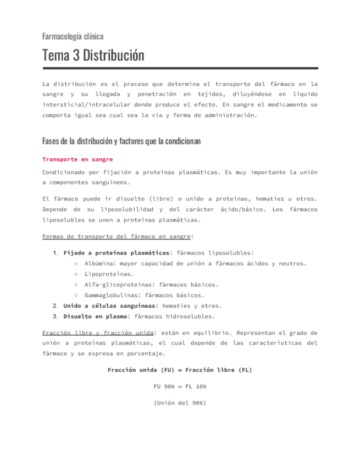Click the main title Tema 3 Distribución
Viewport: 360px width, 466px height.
(x=93, y=56)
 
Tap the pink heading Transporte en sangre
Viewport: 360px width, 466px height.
(x=77, y=159)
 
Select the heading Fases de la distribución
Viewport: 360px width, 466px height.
(x=121, y=141)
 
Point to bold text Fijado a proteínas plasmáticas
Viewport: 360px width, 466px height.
(x=117, y=253)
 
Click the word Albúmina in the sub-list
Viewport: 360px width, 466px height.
(x=100, y=263)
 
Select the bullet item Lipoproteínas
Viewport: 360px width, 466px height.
(x=109, y=274)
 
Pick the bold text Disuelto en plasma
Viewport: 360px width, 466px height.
(x=95, y=317)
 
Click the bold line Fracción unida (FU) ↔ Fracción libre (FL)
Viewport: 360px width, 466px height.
(x=180, y=370)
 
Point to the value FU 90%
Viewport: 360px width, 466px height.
(x=164, y=386)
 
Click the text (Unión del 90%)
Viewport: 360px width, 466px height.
(x=180, y=403)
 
